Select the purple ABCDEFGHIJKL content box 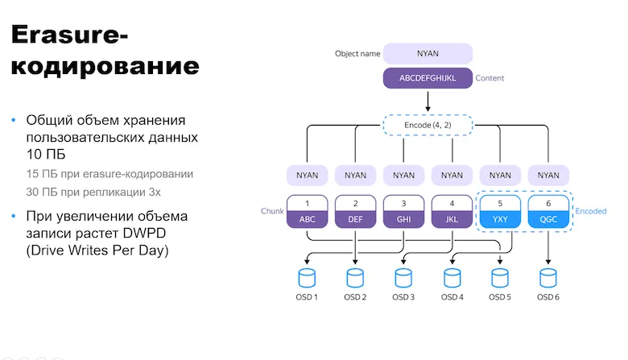coord(428,79)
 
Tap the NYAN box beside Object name coord(428,54)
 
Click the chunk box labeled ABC coord(308,211)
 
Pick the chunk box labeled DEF coord(355,211)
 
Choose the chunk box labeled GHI coord(403,211)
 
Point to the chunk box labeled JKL coord(452,211)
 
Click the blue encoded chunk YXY coord(500,211)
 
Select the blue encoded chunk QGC coord(548,211)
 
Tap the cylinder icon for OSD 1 coord(308,277)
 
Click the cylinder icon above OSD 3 coord(403,277)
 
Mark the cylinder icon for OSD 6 coord(548,277)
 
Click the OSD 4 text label coord(452,298)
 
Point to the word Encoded coord(590,211)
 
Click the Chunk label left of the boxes coord(272,211)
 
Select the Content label coord(490,79)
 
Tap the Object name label coord(357,54)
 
